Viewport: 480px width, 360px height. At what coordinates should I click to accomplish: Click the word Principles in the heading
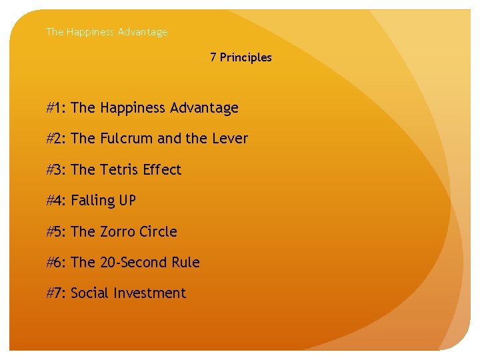[x=245, y=57]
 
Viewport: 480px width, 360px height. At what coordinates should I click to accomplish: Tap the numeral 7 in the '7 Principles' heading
[x=213, y=57]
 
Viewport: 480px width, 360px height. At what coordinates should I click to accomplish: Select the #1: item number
[x=56, y=108]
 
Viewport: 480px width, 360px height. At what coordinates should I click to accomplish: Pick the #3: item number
[x=56, y=170]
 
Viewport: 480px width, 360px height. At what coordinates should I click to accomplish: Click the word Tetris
[x=120, y=170]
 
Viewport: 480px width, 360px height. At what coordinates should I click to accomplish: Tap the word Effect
[x=161, y=170]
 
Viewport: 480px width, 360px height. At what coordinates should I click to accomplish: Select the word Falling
[x=93, y=201]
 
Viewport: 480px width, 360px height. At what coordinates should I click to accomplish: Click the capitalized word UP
[x=128, y=201]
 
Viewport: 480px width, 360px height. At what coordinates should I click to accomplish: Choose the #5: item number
[x=56, y=232]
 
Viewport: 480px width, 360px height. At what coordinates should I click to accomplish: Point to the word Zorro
[x=120, y=232]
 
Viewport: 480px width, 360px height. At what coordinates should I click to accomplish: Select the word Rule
[x=185, y=263]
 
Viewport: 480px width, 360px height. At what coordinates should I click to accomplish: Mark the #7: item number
[x=56, y=293]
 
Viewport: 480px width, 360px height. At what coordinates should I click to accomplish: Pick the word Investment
[x=149, y=293]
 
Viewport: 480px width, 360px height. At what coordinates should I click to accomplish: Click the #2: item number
[x=56, y=139]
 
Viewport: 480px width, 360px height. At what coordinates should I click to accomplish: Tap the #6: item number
[x=56, y=263]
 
